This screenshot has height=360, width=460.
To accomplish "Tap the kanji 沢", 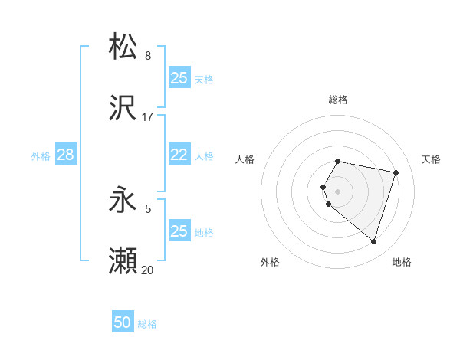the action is coord(123,109).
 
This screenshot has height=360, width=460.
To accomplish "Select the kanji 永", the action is coord(123,201).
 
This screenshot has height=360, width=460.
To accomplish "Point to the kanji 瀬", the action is coord(123,262).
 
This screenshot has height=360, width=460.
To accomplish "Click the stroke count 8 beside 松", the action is coord(147,56).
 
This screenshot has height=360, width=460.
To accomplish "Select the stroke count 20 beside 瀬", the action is coord(147,270).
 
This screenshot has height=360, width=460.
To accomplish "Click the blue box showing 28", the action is coord(65,155).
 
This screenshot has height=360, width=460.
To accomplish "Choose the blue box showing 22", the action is coord(179,155).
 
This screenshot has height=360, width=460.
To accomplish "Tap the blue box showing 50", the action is coord(123,323).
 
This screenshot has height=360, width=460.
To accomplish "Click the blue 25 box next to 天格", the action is coord(179,78).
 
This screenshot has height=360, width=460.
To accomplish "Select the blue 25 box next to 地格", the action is coord(179,231).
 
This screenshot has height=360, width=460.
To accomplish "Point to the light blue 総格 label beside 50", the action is coord(147,325).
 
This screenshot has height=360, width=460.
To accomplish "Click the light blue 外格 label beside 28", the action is coord(41,156).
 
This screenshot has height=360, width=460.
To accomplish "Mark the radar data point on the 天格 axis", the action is coord(396,172).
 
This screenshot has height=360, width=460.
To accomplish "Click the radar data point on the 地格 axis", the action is coord(373,242).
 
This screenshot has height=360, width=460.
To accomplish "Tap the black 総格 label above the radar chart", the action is coord(338,100).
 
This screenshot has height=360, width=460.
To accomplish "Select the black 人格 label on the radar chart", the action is coord(245,159).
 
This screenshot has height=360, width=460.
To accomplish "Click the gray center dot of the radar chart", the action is coord(338,191).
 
